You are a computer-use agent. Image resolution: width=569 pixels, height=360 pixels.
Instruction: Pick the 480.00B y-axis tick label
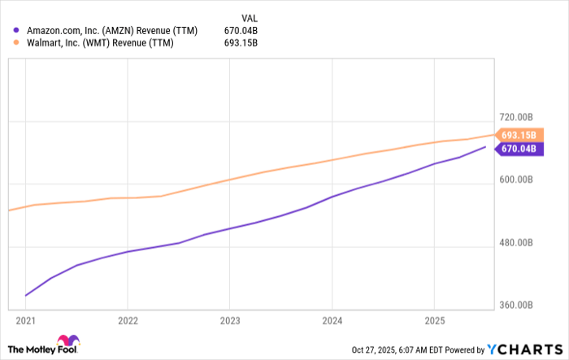(516, 243)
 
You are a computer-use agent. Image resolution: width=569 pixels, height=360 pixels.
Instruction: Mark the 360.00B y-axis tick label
(516, 306)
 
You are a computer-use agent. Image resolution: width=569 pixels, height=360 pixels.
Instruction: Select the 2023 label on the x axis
(230, 319)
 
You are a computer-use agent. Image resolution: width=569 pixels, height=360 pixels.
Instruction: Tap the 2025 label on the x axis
(434, 319)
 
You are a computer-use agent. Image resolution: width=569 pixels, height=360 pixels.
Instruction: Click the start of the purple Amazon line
(26, 296)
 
